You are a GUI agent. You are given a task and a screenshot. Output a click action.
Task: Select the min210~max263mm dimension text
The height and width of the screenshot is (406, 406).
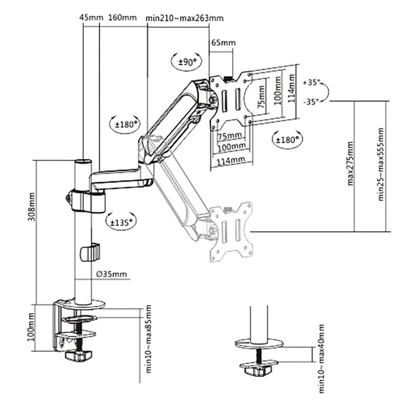(x=184, y=18)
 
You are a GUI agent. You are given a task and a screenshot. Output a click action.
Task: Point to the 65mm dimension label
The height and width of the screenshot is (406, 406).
(x=223, y=43)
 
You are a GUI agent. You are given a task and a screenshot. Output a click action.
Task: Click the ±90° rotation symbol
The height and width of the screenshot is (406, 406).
(x=186, y=62)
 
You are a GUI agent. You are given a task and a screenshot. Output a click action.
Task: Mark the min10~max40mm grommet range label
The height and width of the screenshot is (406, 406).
(x=321, y=359)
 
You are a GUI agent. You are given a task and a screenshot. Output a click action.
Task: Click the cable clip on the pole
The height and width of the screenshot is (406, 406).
(x=89, y=252)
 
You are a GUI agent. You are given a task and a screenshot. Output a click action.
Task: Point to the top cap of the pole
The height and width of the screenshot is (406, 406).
(x=83, y=162)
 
